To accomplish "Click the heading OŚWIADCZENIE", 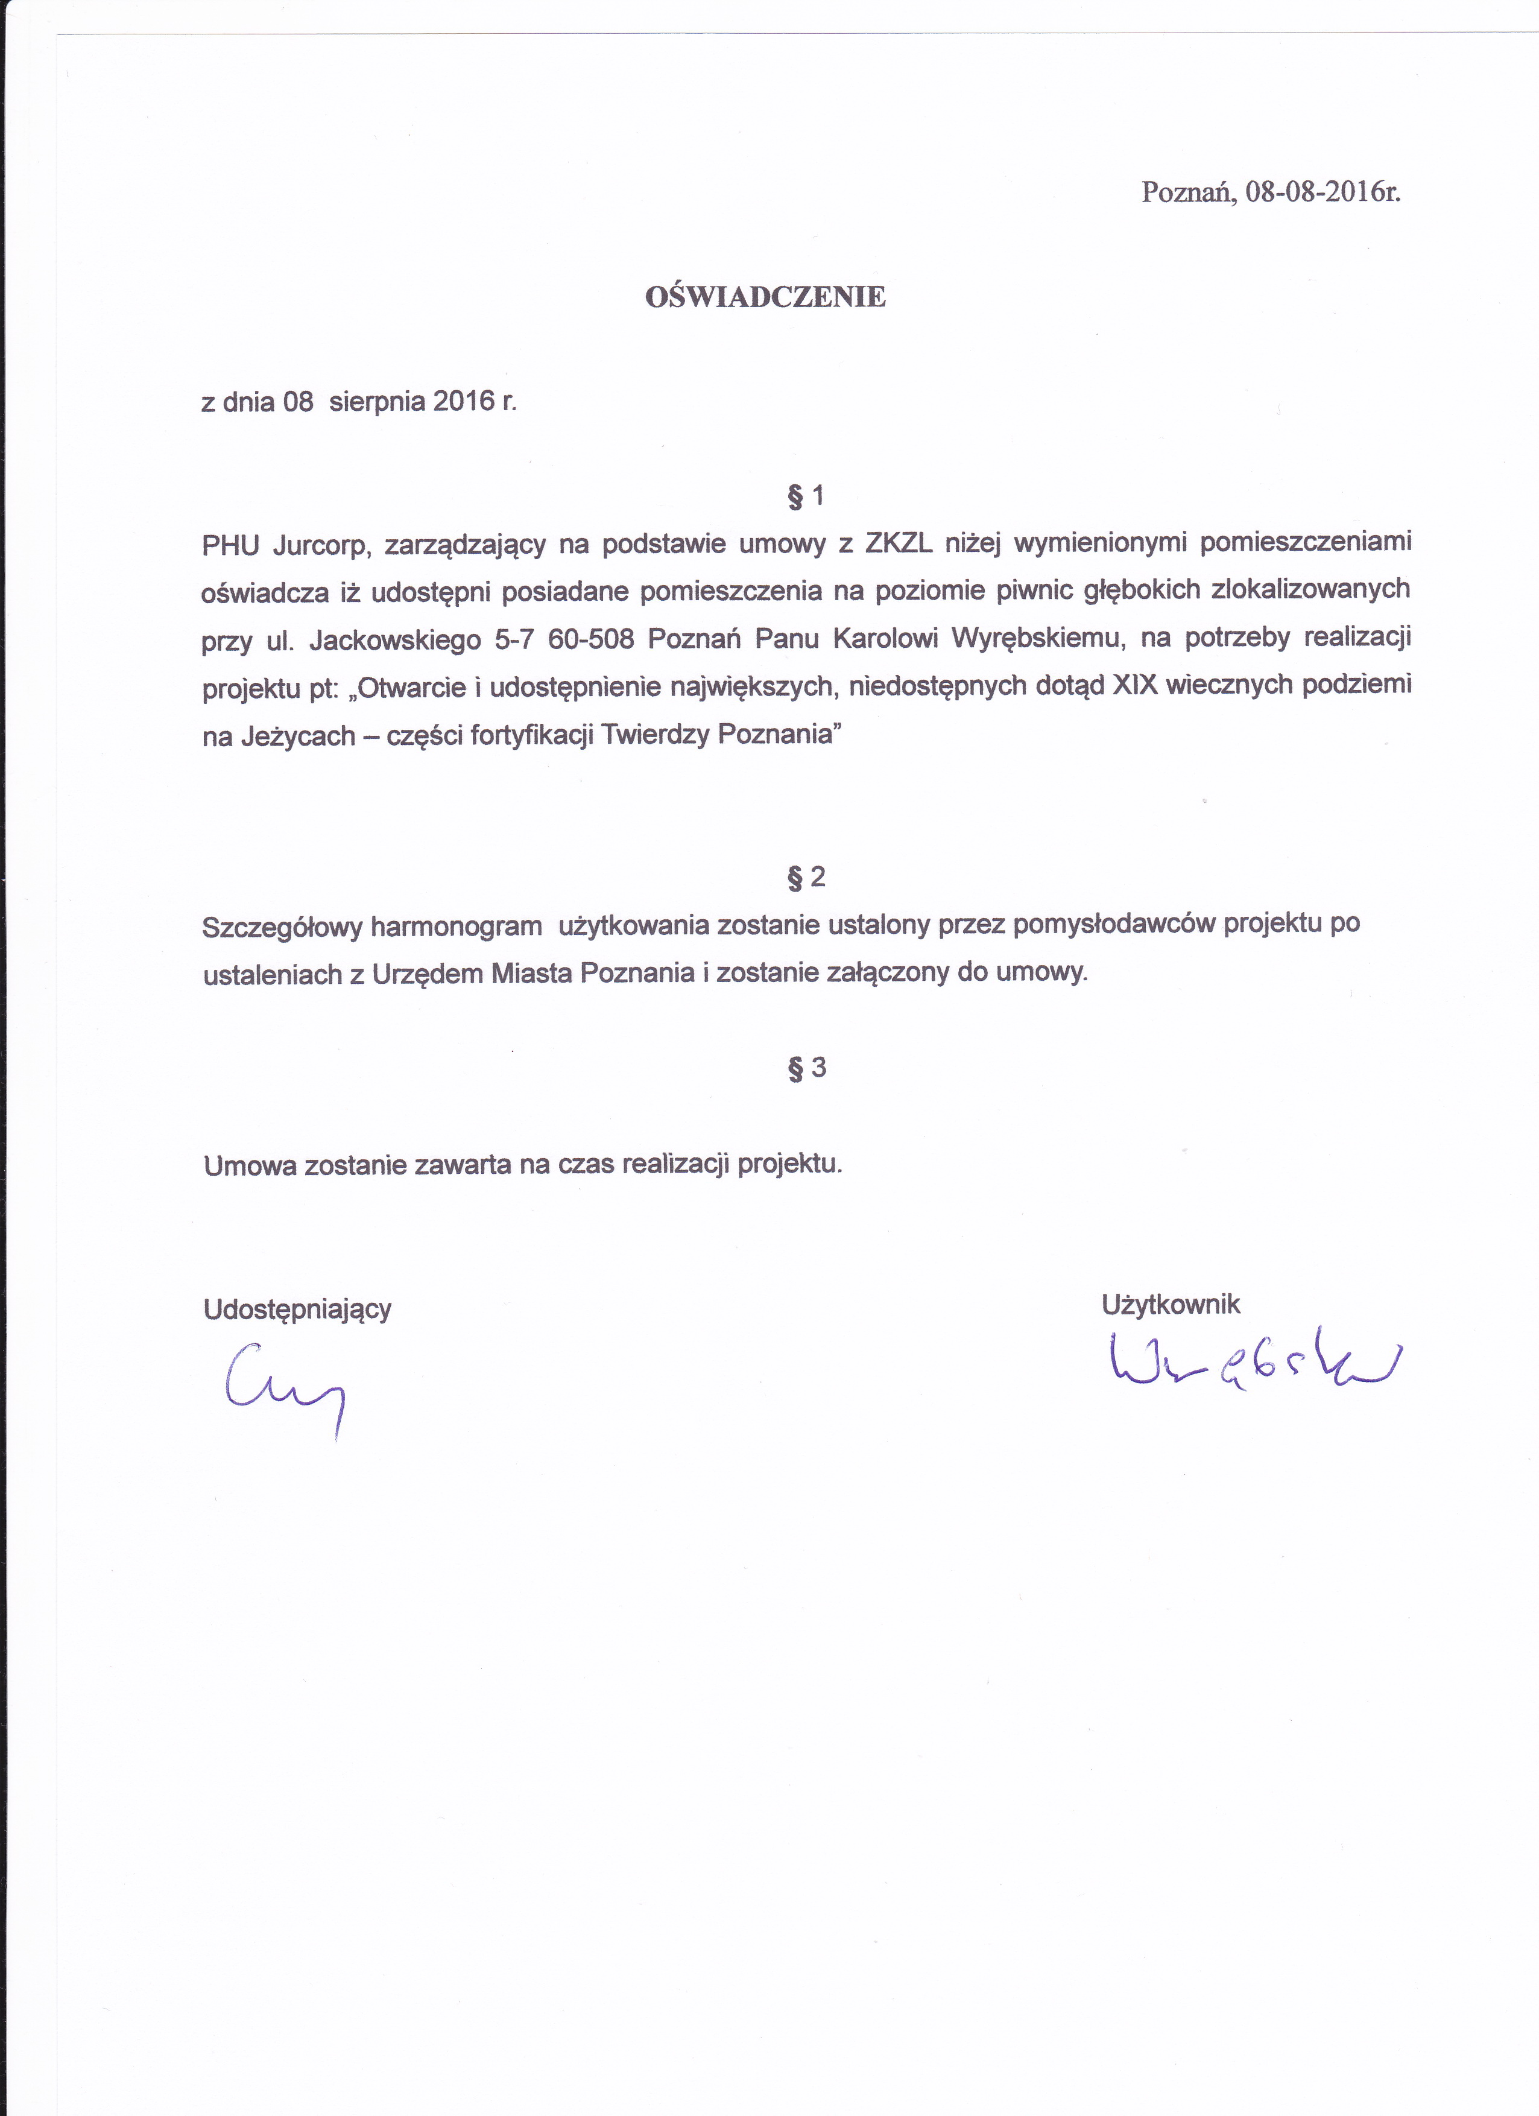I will [765, 297].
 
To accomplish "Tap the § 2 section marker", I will [806, 877].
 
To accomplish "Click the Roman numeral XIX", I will [1134, 686].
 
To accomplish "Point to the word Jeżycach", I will [299, 736].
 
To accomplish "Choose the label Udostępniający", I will [297, 1309].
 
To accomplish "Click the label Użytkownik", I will [1171, 1304].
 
